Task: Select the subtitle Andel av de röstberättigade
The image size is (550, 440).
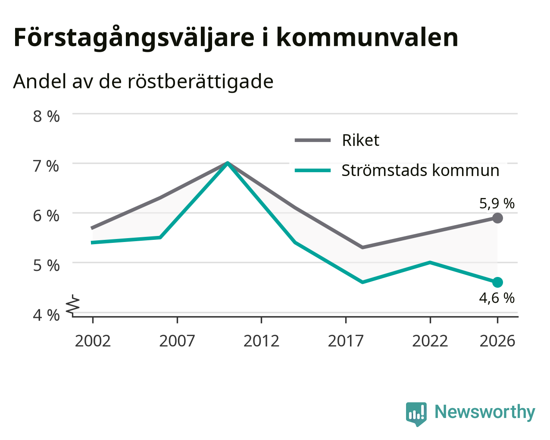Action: tap(144, 82)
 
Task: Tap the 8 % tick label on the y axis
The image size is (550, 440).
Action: tap(46, 116)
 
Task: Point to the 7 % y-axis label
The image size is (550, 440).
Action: tap(46, 166)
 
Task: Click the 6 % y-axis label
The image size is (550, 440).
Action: tap(46, 216)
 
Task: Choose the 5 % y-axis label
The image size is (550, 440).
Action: tap(46, 266)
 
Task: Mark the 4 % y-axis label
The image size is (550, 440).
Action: tap(46, 315)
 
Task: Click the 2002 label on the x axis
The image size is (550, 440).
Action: tap(93, 341)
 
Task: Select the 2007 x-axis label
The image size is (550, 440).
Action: tap(177, 341)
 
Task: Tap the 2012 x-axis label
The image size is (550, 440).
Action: tap(262, 341)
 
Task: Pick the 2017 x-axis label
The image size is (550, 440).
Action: tap(346, 341)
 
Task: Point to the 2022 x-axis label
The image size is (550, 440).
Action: tap(430, 341)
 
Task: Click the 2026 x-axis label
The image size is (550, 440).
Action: tap(497, 341)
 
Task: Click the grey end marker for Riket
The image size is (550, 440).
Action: tap(497, 218)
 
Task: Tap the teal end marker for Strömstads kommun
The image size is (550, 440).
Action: tap(497, 283)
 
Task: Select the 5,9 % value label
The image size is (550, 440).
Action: tap(497, 204)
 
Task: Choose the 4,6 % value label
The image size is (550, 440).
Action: tap(497, 298)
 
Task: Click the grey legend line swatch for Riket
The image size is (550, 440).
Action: tap(312, 140)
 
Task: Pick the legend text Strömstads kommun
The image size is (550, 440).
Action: tap(420, 170)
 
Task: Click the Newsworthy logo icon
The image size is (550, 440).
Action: tap(416, 414)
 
